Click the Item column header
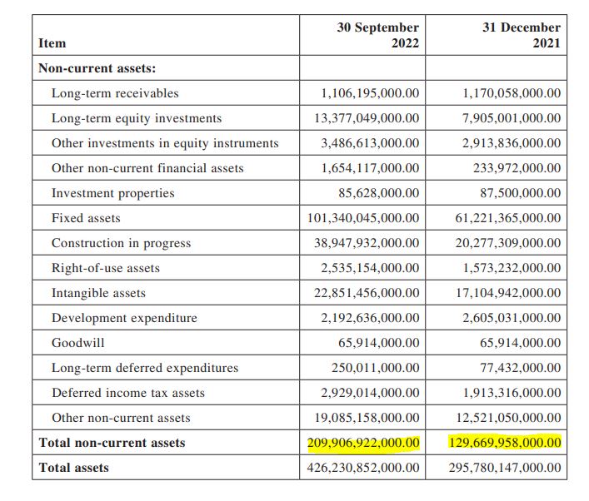pyautogui.click(x=52, y=42)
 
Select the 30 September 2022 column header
pyautogui.click(x=377, y=35)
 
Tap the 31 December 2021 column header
pyautogui.click(x=522, y=35)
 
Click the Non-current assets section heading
pyautogui.click(x=97, y=68)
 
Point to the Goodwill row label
pyautogui.click(x=78, y=343)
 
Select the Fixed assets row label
pyautogui.click(x=86, y=218)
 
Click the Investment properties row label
pyautogui.click(x=113, y=193)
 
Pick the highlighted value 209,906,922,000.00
pyautogui.click(x=363, y=443)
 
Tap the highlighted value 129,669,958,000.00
pyautogui.click(x=505, y=443)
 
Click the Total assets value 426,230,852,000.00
pyautogui.click(x=363, y=468)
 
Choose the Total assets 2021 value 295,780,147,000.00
pyautogui.click(x=505, y=468)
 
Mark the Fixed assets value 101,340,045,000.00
pyautogui.click(x=363, y=218)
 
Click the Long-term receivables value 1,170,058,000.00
pyautogui.click(x=512, y=93)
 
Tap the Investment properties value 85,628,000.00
pyautogui.click(x=381, y=193)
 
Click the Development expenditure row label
pyautogui.click(x=124, y=318)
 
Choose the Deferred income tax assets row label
pyautogui.click(x=128, y=393)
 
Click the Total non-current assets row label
pyautogui.click(x=112, y=443)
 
